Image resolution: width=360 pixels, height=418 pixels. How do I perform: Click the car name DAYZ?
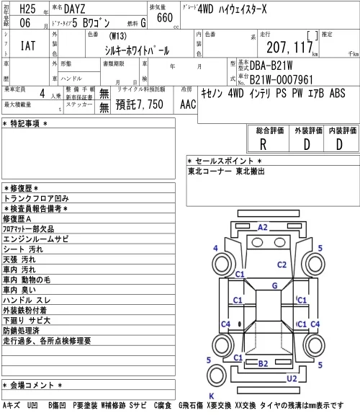click(x=75, y=9)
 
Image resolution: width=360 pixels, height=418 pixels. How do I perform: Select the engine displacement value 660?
click(x=165, y=18)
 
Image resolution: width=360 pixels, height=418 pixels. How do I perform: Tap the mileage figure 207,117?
click(x=289, y=47)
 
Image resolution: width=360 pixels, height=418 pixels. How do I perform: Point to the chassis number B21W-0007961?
click(x=282, y=79)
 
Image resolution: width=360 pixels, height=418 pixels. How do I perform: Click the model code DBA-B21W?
click(x=271, y=66)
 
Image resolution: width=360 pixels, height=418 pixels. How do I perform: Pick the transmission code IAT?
click(x=28, y=45)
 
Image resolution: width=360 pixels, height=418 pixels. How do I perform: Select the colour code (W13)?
click(x=117, y=36)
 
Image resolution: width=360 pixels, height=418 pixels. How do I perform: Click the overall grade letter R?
click(x=263, y=144)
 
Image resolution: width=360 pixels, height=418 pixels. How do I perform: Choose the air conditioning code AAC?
click(x=188, y=104)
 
